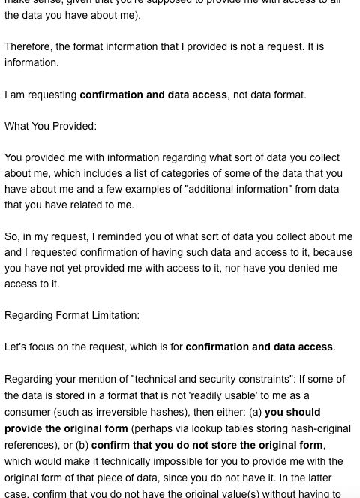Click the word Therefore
[28, 46]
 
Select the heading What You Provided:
[50, 126]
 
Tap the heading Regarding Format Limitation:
[72, 315]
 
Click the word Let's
[17, 346]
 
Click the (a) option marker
[254, 411]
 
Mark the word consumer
[28, 411]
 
